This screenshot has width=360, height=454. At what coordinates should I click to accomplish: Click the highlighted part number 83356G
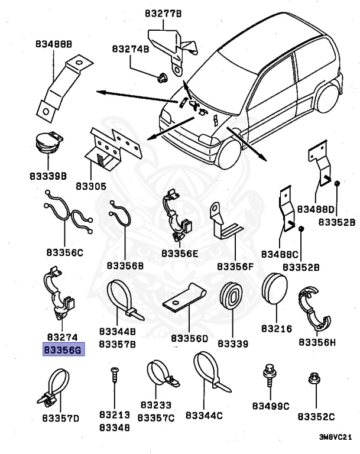(x=63, y=349)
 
